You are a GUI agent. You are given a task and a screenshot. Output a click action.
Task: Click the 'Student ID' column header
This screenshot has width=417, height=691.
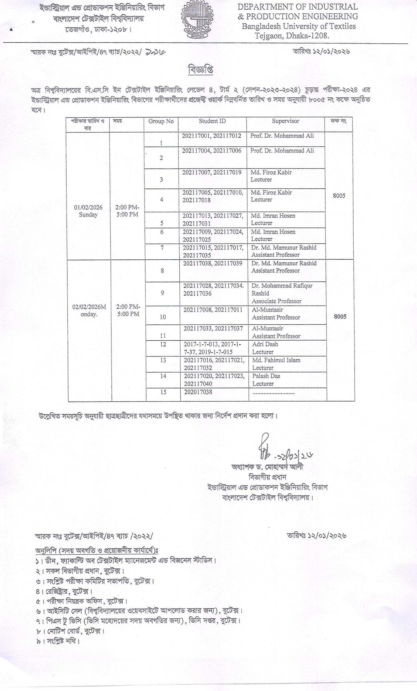pyautogui.click(x=212, y=121)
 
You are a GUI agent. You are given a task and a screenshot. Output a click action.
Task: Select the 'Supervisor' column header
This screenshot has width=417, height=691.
pyautogui.click(x=285, y=121)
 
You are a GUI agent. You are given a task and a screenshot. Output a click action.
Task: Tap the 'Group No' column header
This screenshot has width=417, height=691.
pyautogui.click(x=161, y=121)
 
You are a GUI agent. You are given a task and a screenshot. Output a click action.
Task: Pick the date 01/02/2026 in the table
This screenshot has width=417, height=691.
pyautogui.click(x=88, y=208)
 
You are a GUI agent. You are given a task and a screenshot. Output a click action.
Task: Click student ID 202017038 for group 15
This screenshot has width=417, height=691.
pyautogui.click(x=198, y=392)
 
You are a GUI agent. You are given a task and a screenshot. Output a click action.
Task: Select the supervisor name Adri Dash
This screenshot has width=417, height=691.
pyautogui.click(x=265, y=344)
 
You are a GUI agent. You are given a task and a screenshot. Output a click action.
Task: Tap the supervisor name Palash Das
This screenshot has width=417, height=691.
pyautogui.click(x=266, y=376)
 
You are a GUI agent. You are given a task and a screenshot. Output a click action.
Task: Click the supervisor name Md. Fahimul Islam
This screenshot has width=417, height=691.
pyautogui.click(x=276, y=360)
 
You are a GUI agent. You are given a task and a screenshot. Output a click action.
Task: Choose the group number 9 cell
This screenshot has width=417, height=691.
pyautogui.click(x=163, y=293)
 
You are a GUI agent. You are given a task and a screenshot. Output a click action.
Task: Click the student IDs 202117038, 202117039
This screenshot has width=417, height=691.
pyautogui.click(x=213, y=264)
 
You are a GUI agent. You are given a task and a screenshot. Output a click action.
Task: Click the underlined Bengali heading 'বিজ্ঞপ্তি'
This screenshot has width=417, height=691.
pyautogui.click(x=200, y=70)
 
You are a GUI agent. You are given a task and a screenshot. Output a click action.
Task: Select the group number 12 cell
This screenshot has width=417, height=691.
pyautogui.click(x=163, y=345)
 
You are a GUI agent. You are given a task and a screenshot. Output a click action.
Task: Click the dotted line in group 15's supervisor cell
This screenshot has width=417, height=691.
pyautogui.click(x=273, y=393)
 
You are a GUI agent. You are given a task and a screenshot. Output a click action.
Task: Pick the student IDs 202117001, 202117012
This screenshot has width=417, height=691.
pyautogui.click(x=211, y=136)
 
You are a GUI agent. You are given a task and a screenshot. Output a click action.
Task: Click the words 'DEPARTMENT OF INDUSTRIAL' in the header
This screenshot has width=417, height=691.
pyautogui.click(x=298, y=7)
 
